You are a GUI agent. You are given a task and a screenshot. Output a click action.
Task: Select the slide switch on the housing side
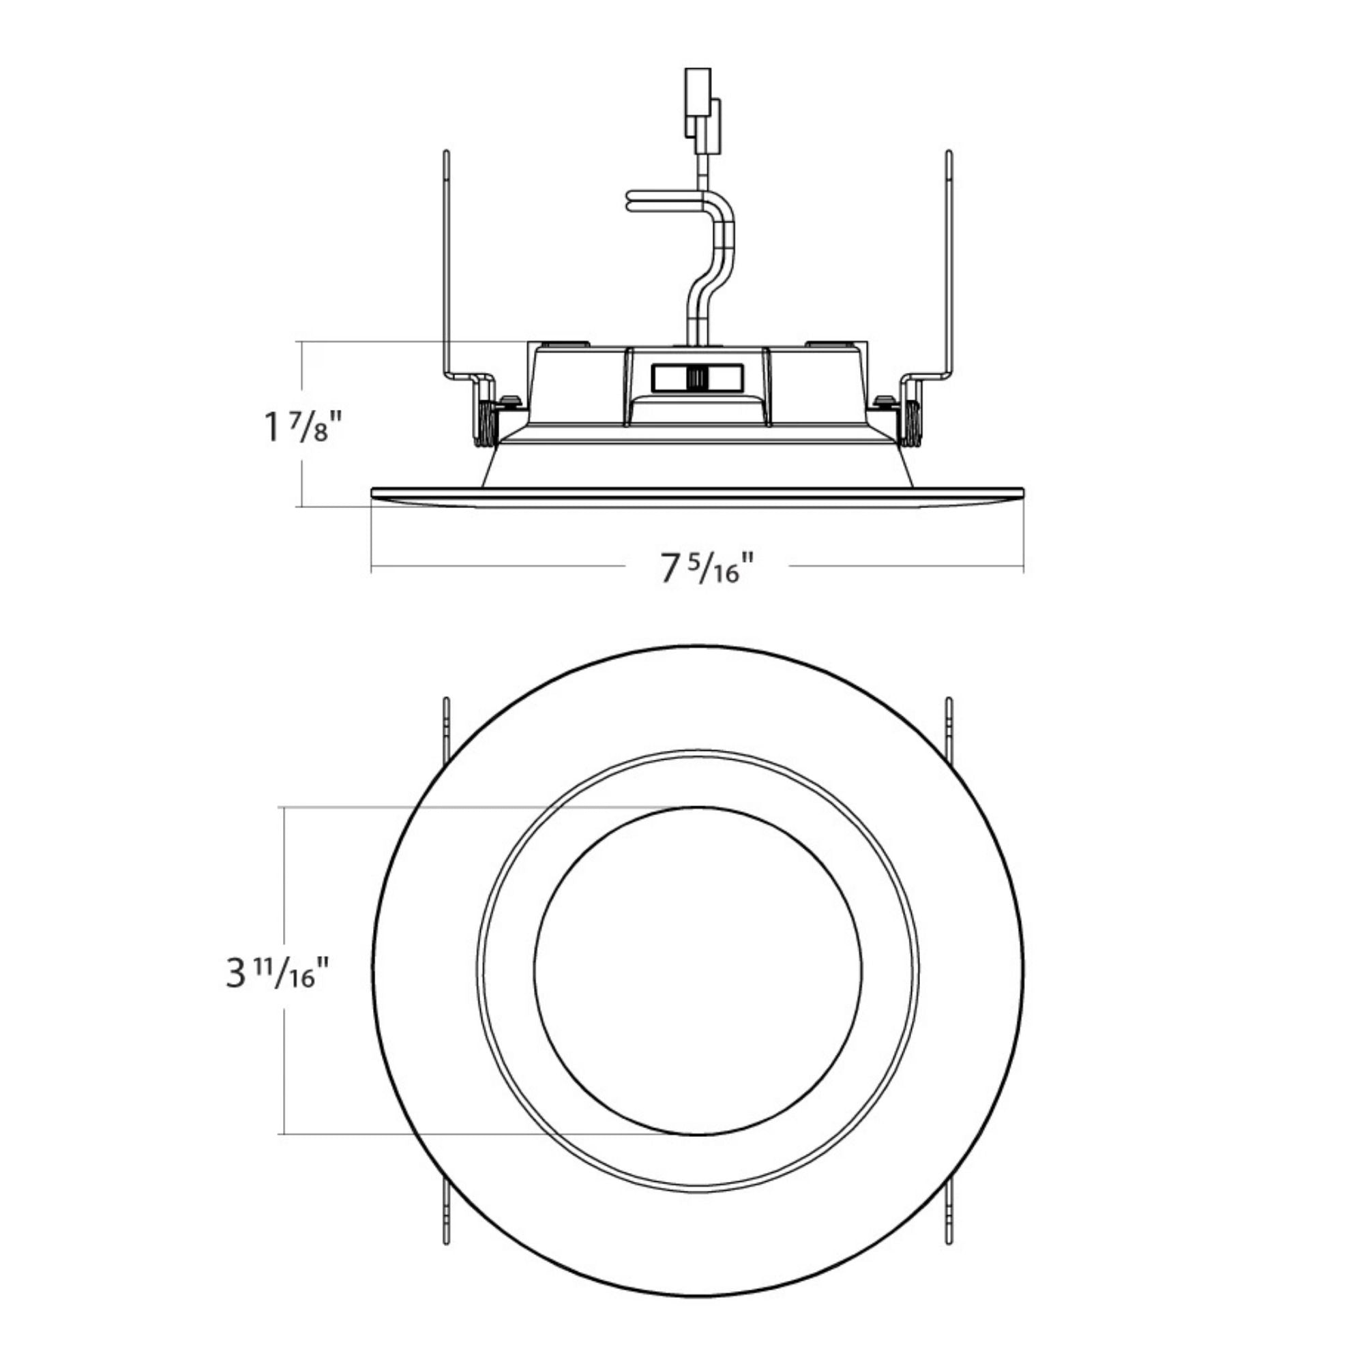click(x=697, y=378)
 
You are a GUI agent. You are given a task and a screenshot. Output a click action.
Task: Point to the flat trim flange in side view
click(x=698, y=496)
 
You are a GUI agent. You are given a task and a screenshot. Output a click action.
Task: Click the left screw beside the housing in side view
click(x=509, y=401)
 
